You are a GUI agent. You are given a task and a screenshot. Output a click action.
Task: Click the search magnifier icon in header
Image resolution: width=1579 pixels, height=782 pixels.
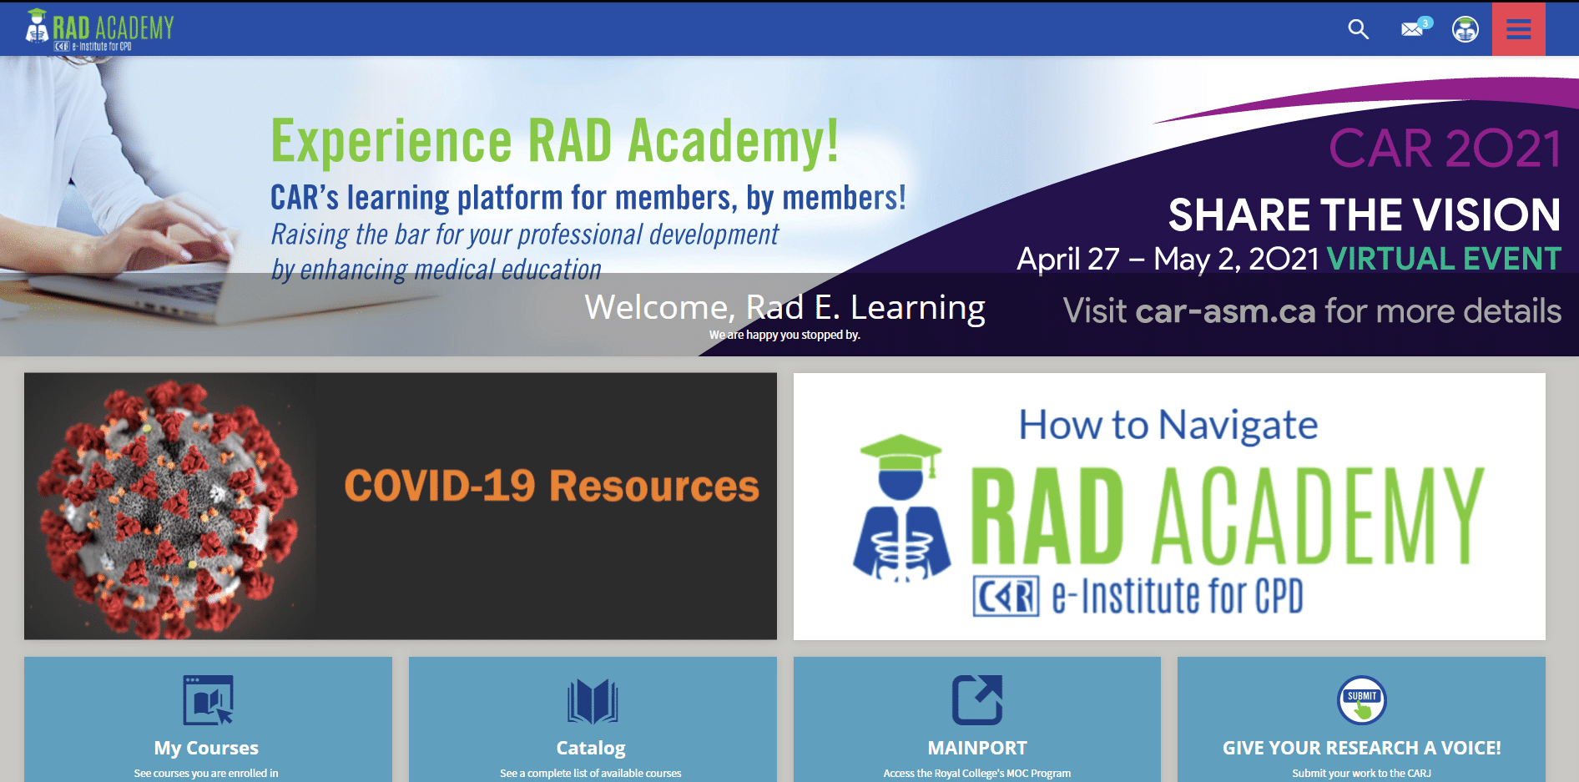[1359, 29]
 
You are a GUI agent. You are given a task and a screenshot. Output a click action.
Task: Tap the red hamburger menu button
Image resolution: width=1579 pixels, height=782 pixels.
[1518, 29]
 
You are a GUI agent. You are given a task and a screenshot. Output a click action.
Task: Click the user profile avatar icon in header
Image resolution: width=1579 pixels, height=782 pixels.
[1465, 29]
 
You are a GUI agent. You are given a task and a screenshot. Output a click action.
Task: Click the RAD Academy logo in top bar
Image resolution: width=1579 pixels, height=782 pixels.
[99, 29]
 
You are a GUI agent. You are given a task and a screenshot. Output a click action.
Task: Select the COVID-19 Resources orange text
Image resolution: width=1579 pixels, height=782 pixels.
[552, 486]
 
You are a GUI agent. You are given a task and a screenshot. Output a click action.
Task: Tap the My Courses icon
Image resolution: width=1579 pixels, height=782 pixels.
[209, 699]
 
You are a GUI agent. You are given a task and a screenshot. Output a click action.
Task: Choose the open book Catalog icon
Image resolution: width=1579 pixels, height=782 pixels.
[593, 700]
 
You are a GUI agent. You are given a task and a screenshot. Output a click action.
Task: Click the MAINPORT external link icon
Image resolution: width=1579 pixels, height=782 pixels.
[977, 699]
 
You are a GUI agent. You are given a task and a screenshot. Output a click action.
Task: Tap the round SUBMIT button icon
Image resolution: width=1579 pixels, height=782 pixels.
[1362, 700]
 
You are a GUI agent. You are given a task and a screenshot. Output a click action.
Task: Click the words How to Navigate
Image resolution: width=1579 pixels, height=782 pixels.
[1168, 426]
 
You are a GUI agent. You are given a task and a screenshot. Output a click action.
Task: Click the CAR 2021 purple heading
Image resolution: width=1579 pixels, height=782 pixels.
[1445, 149]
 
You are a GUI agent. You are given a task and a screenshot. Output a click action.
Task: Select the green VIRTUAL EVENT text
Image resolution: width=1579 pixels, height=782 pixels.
[1444, 259]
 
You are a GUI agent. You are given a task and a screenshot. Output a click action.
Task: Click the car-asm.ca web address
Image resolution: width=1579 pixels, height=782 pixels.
[1225, 311]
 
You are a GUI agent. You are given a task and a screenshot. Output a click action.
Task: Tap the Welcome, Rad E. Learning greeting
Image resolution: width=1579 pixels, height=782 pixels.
[784, 307]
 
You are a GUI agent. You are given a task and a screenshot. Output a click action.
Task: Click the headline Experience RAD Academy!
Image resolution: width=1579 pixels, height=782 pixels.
[555, 141]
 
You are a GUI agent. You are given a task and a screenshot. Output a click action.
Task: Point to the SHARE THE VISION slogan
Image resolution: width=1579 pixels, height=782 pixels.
[1365, 214]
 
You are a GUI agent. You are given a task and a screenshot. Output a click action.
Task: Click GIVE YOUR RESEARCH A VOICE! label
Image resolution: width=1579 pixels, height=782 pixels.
[1362, 748]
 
